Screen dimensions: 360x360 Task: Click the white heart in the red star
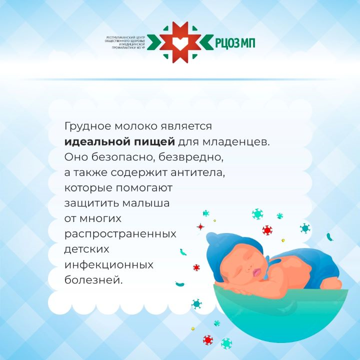coord(180,42)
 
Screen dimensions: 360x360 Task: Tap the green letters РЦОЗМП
coord(235,43)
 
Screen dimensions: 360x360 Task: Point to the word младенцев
coord(236,142)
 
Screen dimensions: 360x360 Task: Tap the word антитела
coord(197,173)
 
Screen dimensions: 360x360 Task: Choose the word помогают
coord(144,188)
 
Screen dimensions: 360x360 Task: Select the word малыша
coord(146,203)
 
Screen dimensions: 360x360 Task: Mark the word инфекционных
coord(109,265)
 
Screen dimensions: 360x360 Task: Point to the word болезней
coord(93,280)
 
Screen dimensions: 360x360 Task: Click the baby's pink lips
coord(256,272)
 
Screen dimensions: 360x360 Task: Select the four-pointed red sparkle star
coord(200,226)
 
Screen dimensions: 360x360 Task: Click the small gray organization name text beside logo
coord(125,43)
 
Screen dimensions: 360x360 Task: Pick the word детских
coord(87,249)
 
